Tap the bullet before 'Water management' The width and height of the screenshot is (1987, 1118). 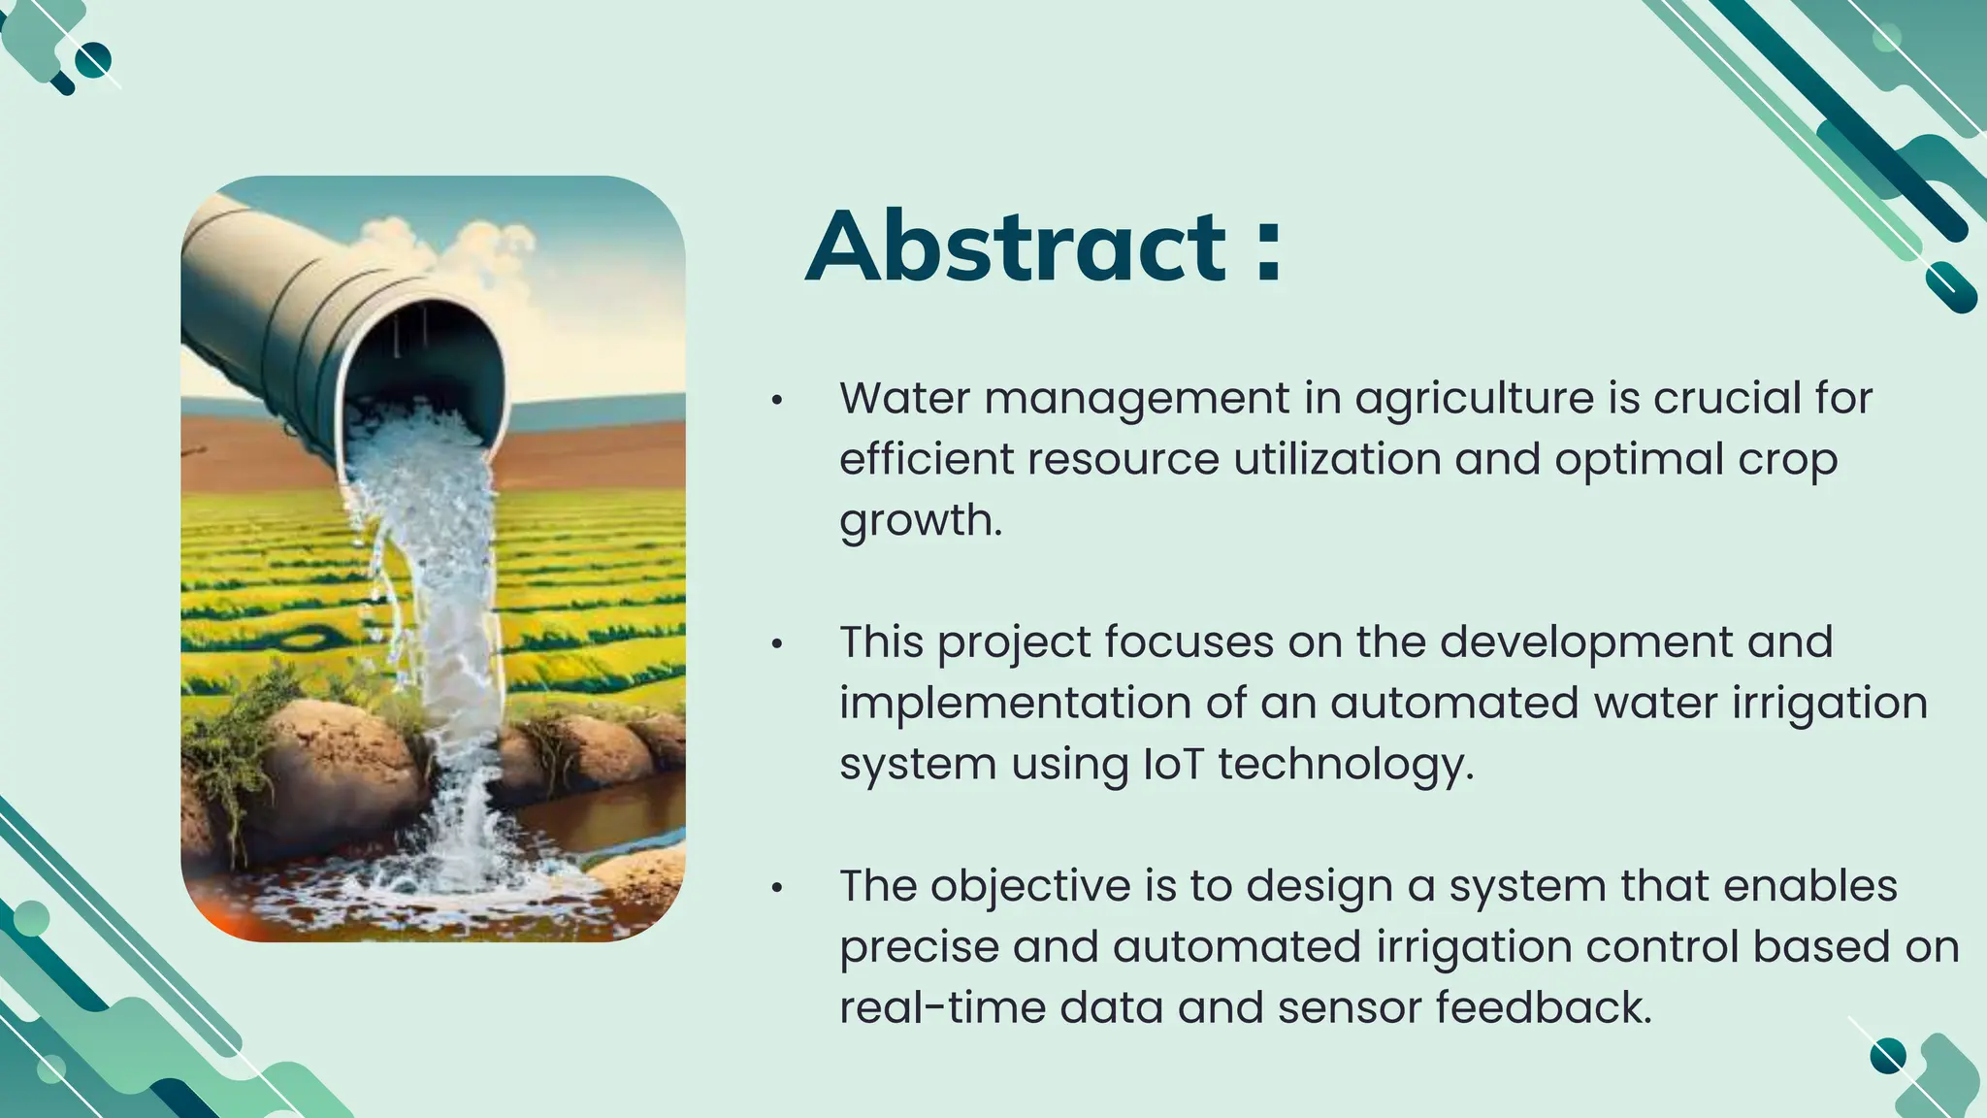coord(776,400)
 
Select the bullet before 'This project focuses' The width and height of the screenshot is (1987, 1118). coord(776,643)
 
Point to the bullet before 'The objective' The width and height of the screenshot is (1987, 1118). coord(776,887)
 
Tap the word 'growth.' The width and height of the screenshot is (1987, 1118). coord(920,521)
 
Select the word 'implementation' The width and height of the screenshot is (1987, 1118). coord(1015,704)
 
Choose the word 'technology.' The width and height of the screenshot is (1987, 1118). coord(1346,765)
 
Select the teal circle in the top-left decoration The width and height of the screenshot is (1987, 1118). coord(93,60)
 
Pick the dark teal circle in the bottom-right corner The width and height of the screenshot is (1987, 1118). coord(1888,1056)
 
